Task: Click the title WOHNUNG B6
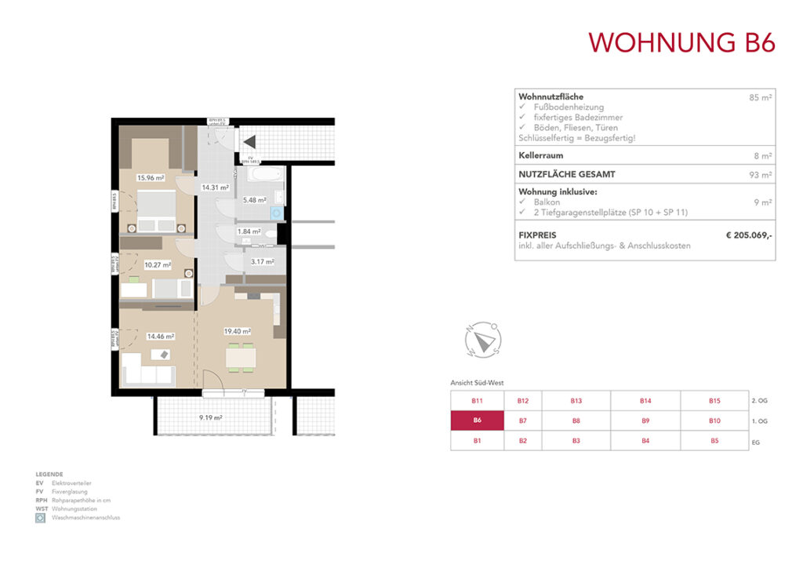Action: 681,42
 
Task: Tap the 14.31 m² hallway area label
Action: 215,188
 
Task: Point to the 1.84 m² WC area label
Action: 250,231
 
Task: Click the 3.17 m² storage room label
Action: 262,261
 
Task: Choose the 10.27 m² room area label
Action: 157,265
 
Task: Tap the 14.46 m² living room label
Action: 160,337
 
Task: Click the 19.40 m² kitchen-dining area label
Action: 237,332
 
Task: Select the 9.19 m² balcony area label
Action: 209,418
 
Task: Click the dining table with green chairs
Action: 240,358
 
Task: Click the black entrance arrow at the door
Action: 249,142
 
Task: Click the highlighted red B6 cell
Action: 477,421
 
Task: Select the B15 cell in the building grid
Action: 714,401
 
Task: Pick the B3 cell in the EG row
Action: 576,441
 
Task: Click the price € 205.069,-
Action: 749,234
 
